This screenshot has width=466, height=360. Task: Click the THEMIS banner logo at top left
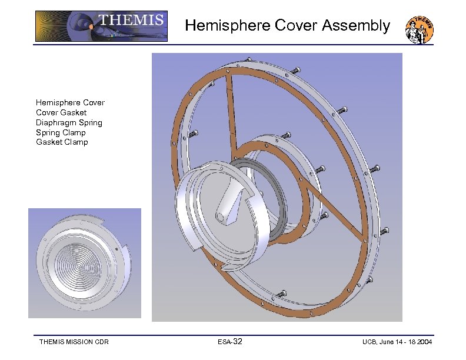(x=101, y=26)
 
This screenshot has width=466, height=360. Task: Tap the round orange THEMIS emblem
(x=420, y=29)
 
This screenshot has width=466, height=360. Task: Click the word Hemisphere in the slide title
(x=228, y=25)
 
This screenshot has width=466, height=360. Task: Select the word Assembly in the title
(x=356, y=26)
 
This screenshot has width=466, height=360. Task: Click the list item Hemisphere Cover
(x=70, y=103)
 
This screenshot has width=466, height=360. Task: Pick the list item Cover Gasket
(x=61, y=112)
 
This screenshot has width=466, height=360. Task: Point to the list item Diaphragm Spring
(x=69, y=123)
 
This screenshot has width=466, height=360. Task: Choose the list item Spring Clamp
(x=61, y=133)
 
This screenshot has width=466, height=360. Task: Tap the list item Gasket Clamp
(x=62, y=142)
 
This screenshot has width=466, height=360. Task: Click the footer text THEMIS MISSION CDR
(x=74, y=342)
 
